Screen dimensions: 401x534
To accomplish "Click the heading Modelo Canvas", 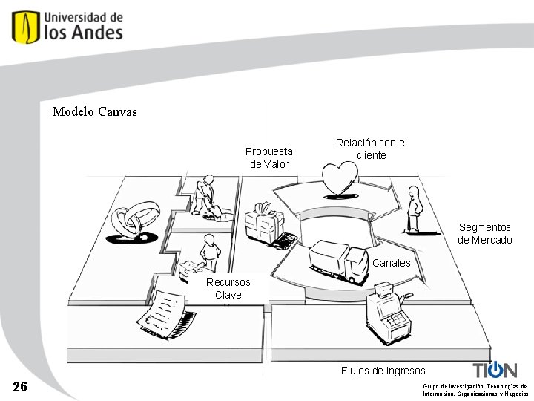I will (94, 112).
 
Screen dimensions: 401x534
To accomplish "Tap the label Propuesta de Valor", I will (269, 157).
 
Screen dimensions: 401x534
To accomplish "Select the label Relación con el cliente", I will (371, 149).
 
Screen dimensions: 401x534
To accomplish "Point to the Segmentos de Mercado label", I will (484, 233).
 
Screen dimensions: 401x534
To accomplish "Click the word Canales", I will (391, 263).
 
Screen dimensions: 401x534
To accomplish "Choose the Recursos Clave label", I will (228, 289).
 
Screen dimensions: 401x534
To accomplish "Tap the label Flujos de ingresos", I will (383, 371).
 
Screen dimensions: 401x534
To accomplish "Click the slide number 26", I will (20, 387).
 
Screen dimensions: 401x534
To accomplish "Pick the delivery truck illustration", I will (337, 261).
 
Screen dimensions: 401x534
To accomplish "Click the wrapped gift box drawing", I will (265, 222).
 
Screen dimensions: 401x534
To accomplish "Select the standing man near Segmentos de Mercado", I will (414, 209).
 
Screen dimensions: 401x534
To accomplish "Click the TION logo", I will (495, 370).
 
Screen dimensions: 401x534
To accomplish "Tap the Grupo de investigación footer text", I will (475, 390).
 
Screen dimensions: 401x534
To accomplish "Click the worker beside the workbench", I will (210, 252).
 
